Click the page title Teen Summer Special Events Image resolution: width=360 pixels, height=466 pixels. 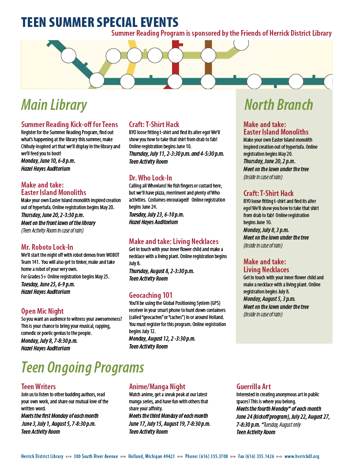[100, 23]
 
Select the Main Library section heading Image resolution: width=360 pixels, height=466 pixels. [54, 105]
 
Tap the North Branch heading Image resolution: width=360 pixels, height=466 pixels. [278, 105]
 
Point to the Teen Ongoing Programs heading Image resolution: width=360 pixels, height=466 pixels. [82, 367]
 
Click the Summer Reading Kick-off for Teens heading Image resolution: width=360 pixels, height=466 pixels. [69, 124]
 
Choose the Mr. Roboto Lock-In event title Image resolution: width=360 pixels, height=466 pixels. [47, 247]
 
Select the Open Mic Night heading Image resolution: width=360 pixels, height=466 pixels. [42, 311]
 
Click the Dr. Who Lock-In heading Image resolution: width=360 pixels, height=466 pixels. [150, 178]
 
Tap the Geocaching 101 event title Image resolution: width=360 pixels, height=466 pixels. [150, 295]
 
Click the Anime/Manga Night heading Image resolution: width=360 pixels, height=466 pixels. [157, 387]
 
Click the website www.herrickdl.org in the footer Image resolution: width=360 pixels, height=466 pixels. [302, 456]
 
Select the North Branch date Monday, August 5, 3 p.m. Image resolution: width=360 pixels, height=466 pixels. [270, 299]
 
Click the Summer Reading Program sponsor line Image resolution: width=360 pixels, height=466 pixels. [221, 33]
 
